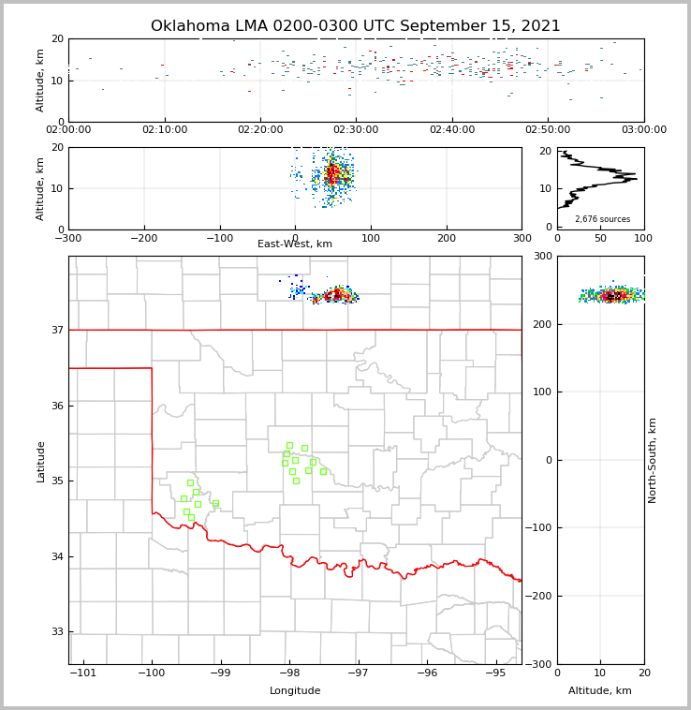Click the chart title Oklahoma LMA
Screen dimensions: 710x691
[x=356, y=26]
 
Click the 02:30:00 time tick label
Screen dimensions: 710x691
[x=356, y=130]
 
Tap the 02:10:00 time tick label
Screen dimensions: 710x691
[x=165, y=130]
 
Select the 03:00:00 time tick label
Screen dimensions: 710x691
[x=643, y=130]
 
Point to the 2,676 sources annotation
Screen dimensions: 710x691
[x=602, y=219]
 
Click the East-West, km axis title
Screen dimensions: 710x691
[x=295, y=244]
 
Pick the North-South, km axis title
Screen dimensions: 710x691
[x=653, y=460]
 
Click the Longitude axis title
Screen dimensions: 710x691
[x=295, y=691]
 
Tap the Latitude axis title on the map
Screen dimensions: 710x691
[x=40, y=461]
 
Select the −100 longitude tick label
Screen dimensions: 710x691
[x=152, y=673]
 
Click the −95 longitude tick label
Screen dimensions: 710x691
[x=495, y=673]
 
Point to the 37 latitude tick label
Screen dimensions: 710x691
[x=56, y=330]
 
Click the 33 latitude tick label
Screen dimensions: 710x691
[x=56, y=632]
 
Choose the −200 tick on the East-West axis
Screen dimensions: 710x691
[x=144, y=238]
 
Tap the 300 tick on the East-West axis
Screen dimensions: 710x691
[x=522, y=238]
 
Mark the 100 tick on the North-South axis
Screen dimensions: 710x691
[x=541, y=392]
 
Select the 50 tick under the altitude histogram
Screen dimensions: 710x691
[x=600, y=238]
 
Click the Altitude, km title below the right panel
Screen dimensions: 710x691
[x=600, y=691]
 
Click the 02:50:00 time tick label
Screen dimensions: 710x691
[x=548, y=130]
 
